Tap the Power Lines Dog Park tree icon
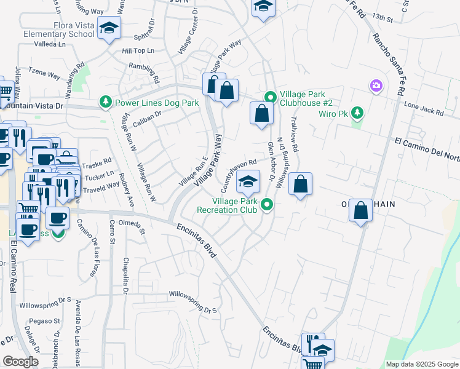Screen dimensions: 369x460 click(x=106, y=103)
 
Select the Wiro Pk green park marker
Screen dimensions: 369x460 click(x=357, y=113)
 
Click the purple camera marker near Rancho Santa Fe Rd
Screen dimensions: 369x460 click(x=376, y=85)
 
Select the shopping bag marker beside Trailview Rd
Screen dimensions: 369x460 click(x=300, y=184)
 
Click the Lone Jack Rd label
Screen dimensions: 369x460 click(x=424, y=108)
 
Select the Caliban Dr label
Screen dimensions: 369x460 click(x=146, y=114)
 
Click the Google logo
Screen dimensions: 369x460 click(x=21, y=361)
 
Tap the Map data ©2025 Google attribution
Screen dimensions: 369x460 click(x=421, y=364)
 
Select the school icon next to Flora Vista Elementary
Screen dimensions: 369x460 click(x=109, y=28)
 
